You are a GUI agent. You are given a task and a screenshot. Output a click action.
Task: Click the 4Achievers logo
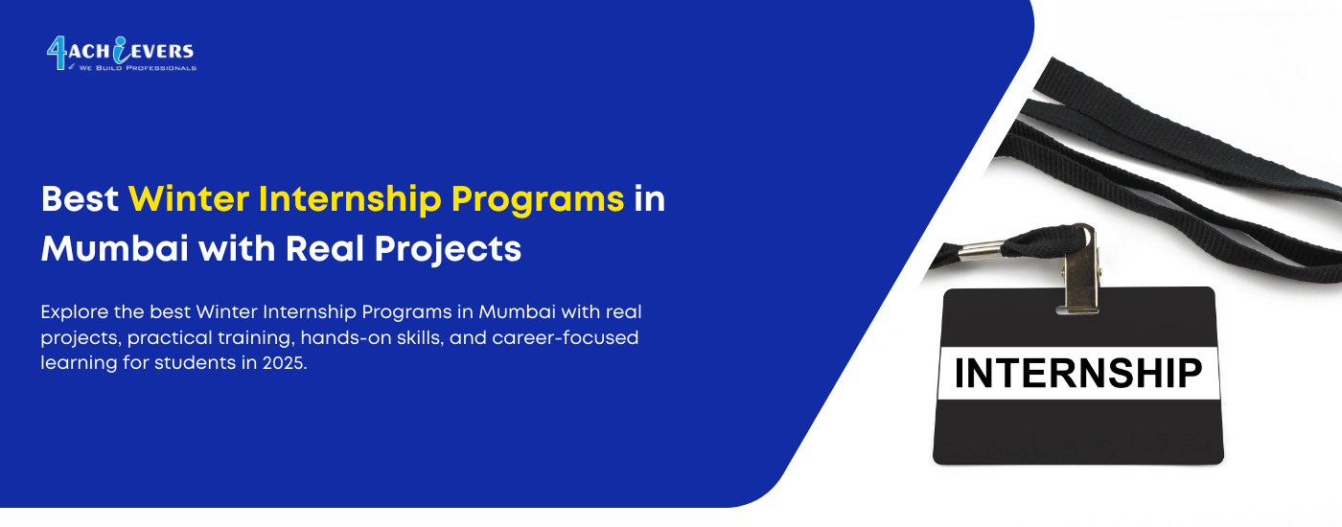click(x=121, y=53)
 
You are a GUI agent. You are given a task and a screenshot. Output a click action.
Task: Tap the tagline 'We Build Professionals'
click(x=137, y=68)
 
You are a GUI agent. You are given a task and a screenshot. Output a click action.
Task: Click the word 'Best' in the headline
click(x=79, y=199)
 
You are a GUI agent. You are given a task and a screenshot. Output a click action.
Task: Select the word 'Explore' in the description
click(x=73, y=313)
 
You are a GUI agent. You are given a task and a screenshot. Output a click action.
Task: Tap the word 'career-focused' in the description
click(x=572, y=338)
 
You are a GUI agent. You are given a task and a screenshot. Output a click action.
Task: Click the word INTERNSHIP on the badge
click(x=1078, y=374)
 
